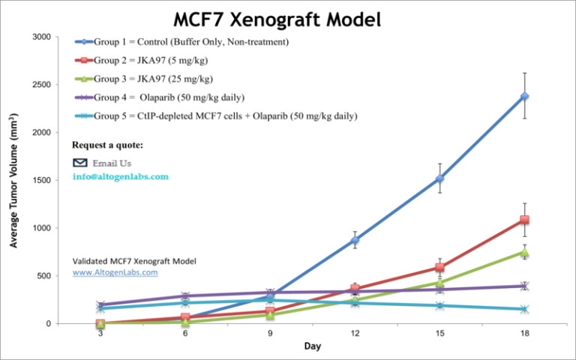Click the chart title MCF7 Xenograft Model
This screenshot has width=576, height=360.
(x=277, y=18)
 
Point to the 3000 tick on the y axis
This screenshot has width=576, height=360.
(x=42, y=37)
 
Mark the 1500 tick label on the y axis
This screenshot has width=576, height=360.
(x=42, y=180)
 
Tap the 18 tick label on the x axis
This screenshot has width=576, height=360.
(x=524, y=334)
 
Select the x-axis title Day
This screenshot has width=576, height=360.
(x=313, y=346)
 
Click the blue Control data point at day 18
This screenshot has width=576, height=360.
(x=524, y=96)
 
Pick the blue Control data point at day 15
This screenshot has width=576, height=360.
(x=439, y=178)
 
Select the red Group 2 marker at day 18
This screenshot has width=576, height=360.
(x=524, y=220)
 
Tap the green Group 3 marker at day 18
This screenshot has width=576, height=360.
(x=524, y=253)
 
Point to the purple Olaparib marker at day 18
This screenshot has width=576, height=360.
(x=524, y=286)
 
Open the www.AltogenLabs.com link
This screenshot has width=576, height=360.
(x=115, y=273)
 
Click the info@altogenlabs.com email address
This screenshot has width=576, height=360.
(x=120, y=177)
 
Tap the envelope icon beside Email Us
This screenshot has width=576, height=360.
(x=79, y=162)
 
